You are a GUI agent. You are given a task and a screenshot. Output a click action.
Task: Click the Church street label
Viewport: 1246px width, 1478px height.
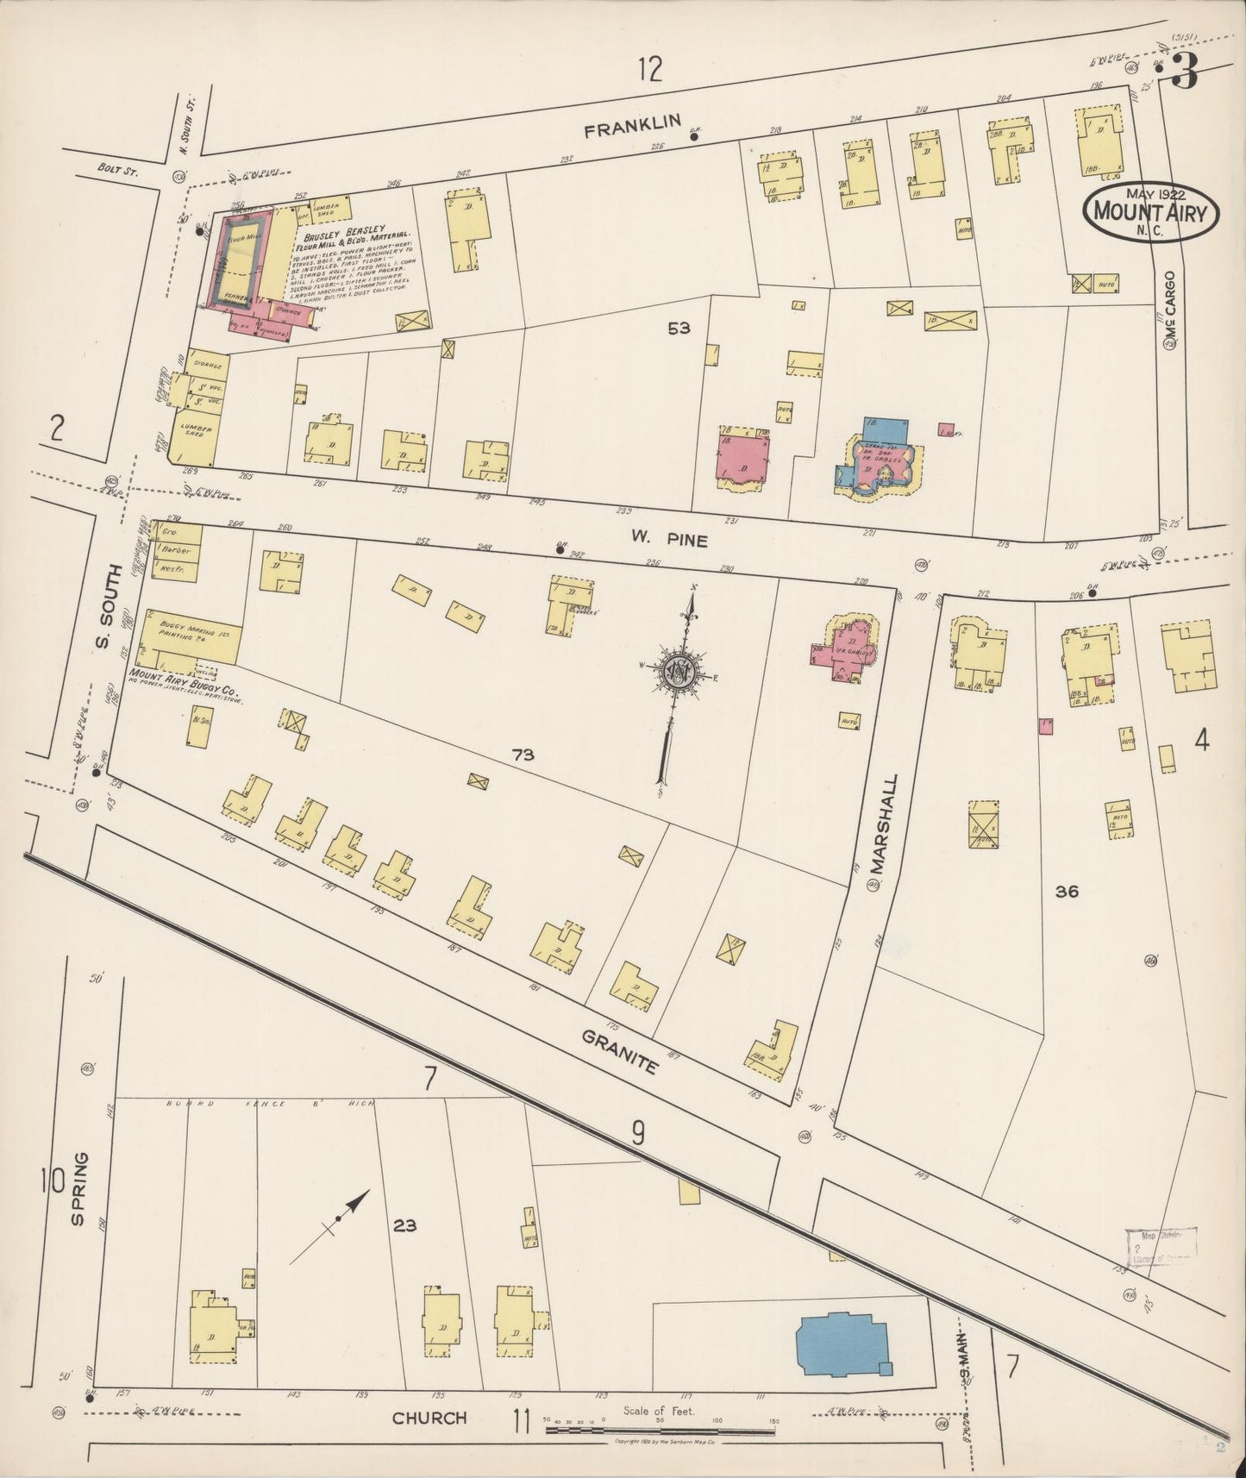click(x=429, y=1417)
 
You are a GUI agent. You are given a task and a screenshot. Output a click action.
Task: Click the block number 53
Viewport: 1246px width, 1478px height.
click(x=679, y=328)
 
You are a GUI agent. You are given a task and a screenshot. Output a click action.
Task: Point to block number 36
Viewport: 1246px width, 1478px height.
click(x=1067, y=892)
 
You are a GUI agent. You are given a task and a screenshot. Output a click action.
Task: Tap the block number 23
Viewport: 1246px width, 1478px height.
click(x=404, y=1225)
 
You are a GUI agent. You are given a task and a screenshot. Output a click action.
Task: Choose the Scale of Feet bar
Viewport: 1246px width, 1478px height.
click(x=659, y=1431)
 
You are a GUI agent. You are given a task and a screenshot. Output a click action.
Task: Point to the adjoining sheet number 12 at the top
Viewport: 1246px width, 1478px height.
click(x=650, y=69)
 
